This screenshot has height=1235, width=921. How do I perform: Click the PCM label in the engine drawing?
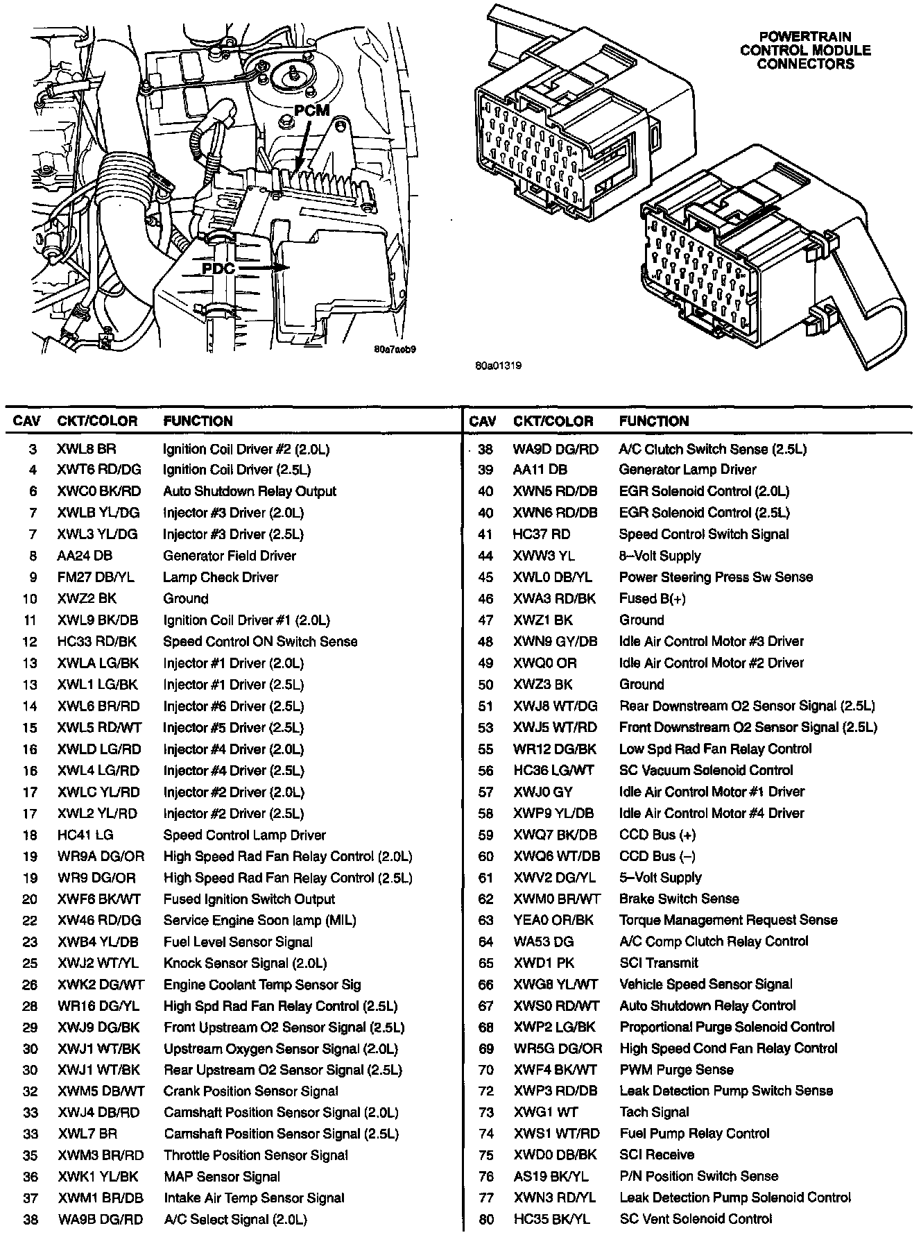coord(311,111)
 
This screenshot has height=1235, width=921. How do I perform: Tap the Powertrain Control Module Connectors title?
coord(805,50)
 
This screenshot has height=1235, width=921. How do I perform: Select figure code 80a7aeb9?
coord(394,350)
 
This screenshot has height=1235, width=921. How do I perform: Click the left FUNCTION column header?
coord(198,421)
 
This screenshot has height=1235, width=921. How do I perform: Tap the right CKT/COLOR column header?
coord(553,421)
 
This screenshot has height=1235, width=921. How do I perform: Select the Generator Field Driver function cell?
coord(230,556)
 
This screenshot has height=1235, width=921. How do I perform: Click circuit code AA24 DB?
coord(85,556)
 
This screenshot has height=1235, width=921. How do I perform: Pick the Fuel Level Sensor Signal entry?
coord(238,942)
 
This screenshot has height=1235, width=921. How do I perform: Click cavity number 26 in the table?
coord(30,985)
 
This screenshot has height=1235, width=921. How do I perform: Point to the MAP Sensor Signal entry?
coord(222,1177)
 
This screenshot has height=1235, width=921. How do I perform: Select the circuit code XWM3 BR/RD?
coord(101,1155)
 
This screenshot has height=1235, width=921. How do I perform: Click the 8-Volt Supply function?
coord(660,556)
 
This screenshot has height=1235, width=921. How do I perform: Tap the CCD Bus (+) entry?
coord(657,835)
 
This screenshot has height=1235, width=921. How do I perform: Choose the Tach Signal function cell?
coord(654,1112)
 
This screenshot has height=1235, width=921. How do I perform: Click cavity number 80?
coord(485,1219)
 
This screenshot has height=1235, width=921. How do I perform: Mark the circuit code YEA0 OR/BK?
coord(553,921)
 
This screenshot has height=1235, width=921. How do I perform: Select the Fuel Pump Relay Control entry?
coord(694,1134)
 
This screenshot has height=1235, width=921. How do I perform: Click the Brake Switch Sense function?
coord(679,899)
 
